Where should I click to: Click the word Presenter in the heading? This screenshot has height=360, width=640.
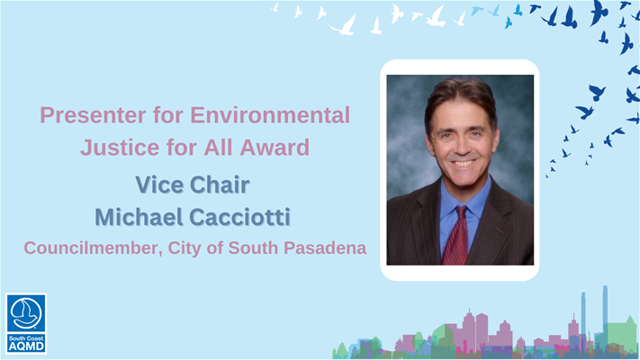[93, 115]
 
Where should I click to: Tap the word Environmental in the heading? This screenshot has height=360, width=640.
[270, 115]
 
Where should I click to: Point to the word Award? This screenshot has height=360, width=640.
[275, 148]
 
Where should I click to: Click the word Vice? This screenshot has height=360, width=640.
[159, 184]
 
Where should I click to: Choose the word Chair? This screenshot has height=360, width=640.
[220, 184]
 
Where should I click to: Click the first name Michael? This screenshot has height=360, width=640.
[139, 217]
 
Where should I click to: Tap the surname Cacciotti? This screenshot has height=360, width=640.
[240, 217]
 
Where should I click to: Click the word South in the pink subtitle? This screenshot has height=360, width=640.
[253, 247]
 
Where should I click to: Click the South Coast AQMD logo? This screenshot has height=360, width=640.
[26, 323]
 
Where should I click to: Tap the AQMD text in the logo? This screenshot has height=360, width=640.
[26, 346]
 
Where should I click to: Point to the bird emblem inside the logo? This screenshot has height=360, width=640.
[26, 313]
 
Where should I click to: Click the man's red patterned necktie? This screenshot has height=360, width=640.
[455, 237]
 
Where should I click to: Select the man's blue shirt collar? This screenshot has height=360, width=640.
[464, 198]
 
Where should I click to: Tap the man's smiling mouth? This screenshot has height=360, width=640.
[464, 163]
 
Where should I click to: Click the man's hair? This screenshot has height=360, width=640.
[460, 98]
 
